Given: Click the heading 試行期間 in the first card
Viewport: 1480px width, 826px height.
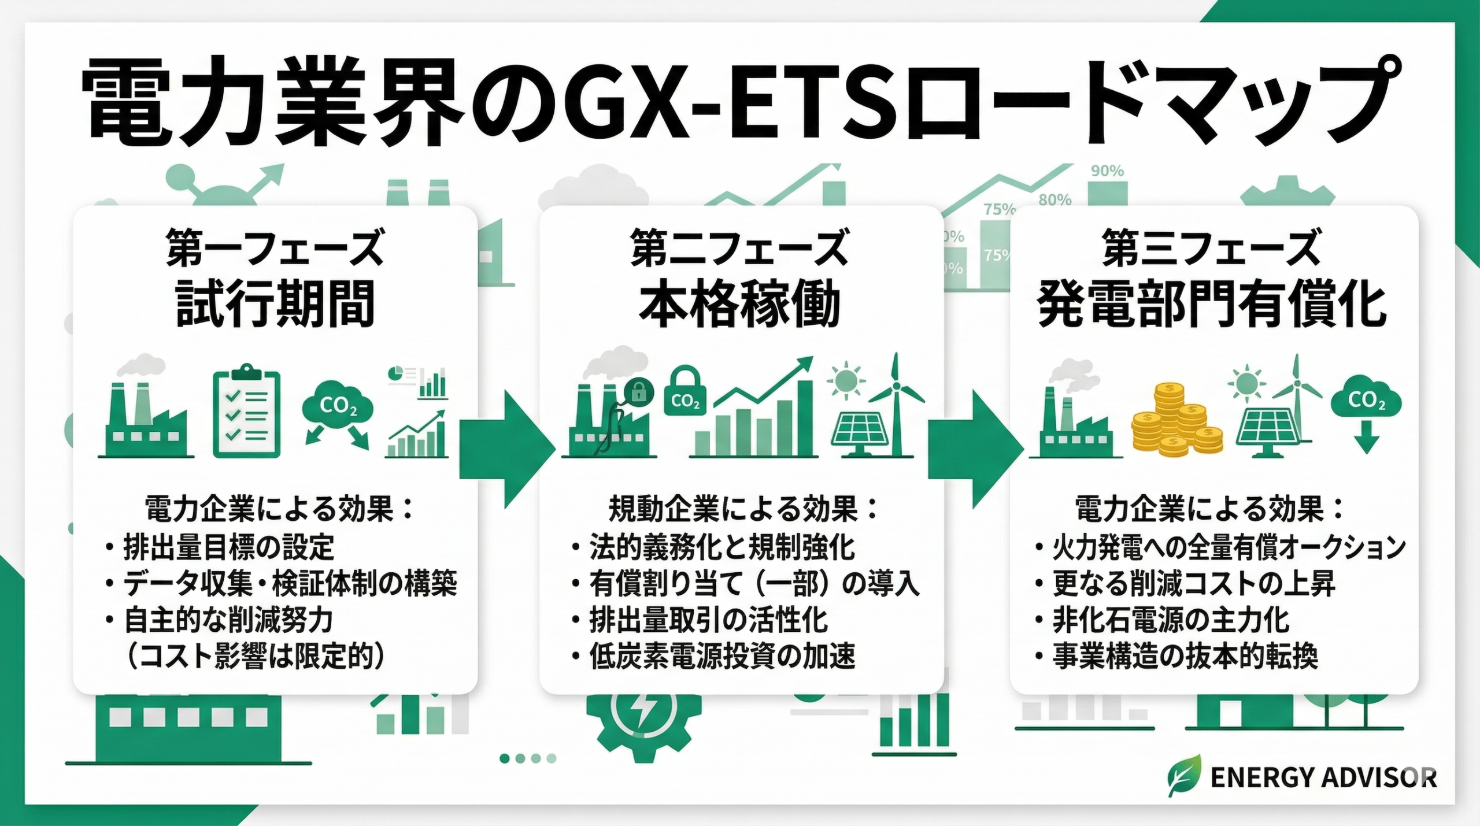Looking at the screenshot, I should pyautogui.click(x=275, y=304).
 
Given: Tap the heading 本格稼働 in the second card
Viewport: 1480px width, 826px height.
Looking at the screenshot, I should pyautogui.click(x=739, y=304).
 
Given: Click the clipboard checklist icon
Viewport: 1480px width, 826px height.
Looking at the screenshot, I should pyautogui.click(x=247, y=412).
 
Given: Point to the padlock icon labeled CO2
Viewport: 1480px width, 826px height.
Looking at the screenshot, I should pyautogui.click(x=685, y=392).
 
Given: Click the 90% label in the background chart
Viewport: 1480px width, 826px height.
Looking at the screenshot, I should pyautogui.click(x=1107, y=171).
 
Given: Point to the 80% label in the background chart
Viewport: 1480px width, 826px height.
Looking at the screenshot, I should pyautogui.click(x=1055, y=200).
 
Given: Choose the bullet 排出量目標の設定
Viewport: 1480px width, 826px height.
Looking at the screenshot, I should pyautogui.click(x=228, y=547).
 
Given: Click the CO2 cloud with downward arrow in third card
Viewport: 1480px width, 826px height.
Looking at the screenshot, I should pyautogui.click(x=1367, y=412).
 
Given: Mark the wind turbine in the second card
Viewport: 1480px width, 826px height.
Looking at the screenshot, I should pyautogui.click(x=896, y=405).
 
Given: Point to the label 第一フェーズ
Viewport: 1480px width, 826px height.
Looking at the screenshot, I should pyautogui.click(x=275, y=249).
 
